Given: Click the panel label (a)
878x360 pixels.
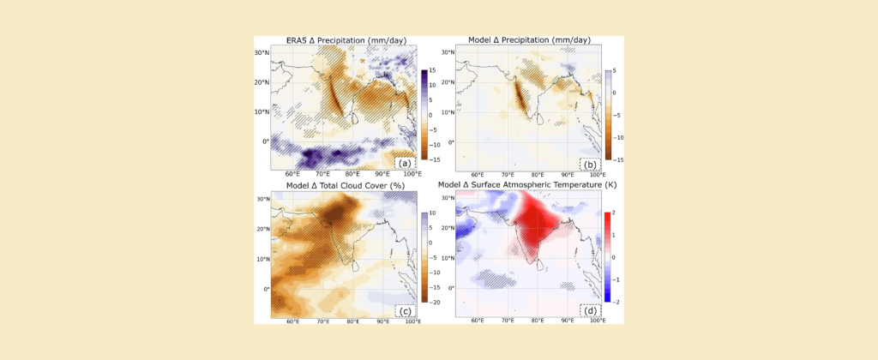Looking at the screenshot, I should [405, 163].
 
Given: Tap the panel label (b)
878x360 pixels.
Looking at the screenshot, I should [590, 163].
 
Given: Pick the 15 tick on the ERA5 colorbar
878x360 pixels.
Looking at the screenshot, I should [433, 70].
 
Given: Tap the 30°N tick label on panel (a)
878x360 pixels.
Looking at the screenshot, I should [262, 53].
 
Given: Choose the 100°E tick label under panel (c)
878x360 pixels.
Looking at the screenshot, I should [412, 321].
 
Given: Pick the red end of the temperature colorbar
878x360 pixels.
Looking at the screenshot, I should [607, 217].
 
